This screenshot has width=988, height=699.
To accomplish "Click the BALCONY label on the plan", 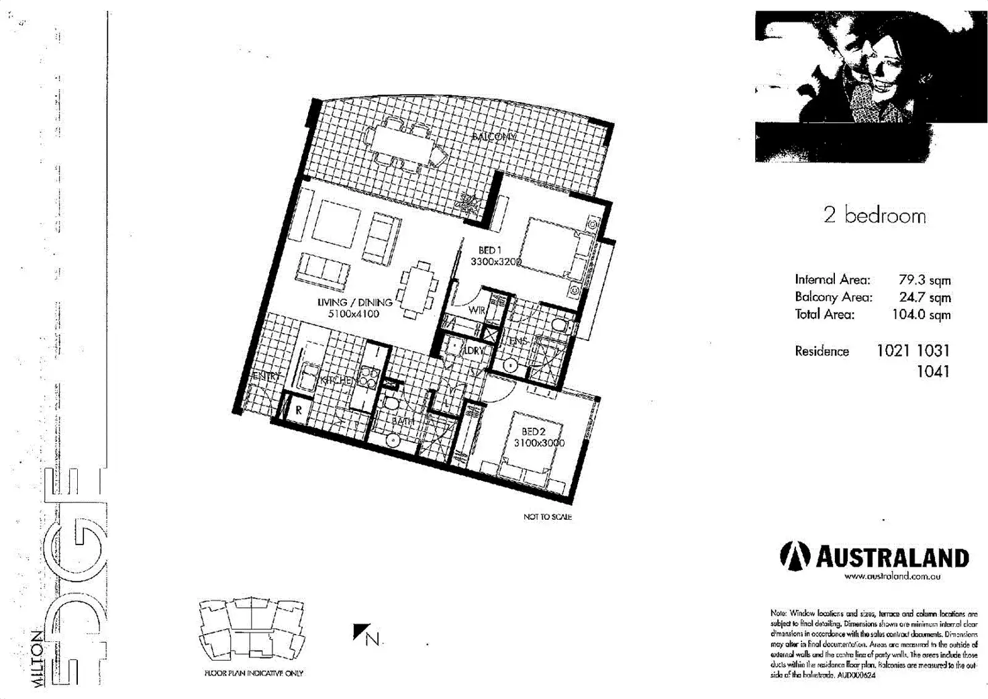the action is [494, 137].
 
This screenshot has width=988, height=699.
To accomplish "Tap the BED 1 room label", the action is [490, 250].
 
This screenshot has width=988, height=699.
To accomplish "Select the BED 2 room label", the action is [534, 432].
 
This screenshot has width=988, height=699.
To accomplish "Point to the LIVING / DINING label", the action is [354, 302].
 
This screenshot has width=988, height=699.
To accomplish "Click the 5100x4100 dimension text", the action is [354, 314].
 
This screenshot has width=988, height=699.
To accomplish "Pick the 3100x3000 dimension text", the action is [539, 443].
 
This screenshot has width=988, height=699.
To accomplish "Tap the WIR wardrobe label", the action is [477, 310].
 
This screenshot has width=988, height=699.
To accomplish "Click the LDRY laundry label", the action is [474, 351].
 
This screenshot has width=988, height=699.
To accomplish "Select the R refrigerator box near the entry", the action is [298, 410].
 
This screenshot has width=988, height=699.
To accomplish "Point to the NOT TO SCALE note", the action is [547, 516].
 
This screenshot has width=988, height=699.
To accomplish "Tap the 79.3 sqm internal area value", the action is [924, 280].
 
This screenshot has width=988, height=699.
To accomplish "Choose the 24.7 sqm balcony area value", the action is [924, 297].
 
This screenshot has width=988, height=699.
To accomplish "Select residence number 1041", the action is [933, 371].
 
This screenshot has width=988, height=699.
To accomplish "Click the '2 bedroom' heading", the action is [875, 216].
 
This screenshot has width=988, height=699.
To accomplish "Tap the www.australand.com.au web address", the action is [892, 576].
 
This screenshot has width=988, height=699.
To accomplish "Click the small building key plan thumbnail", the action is [252, 629].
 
